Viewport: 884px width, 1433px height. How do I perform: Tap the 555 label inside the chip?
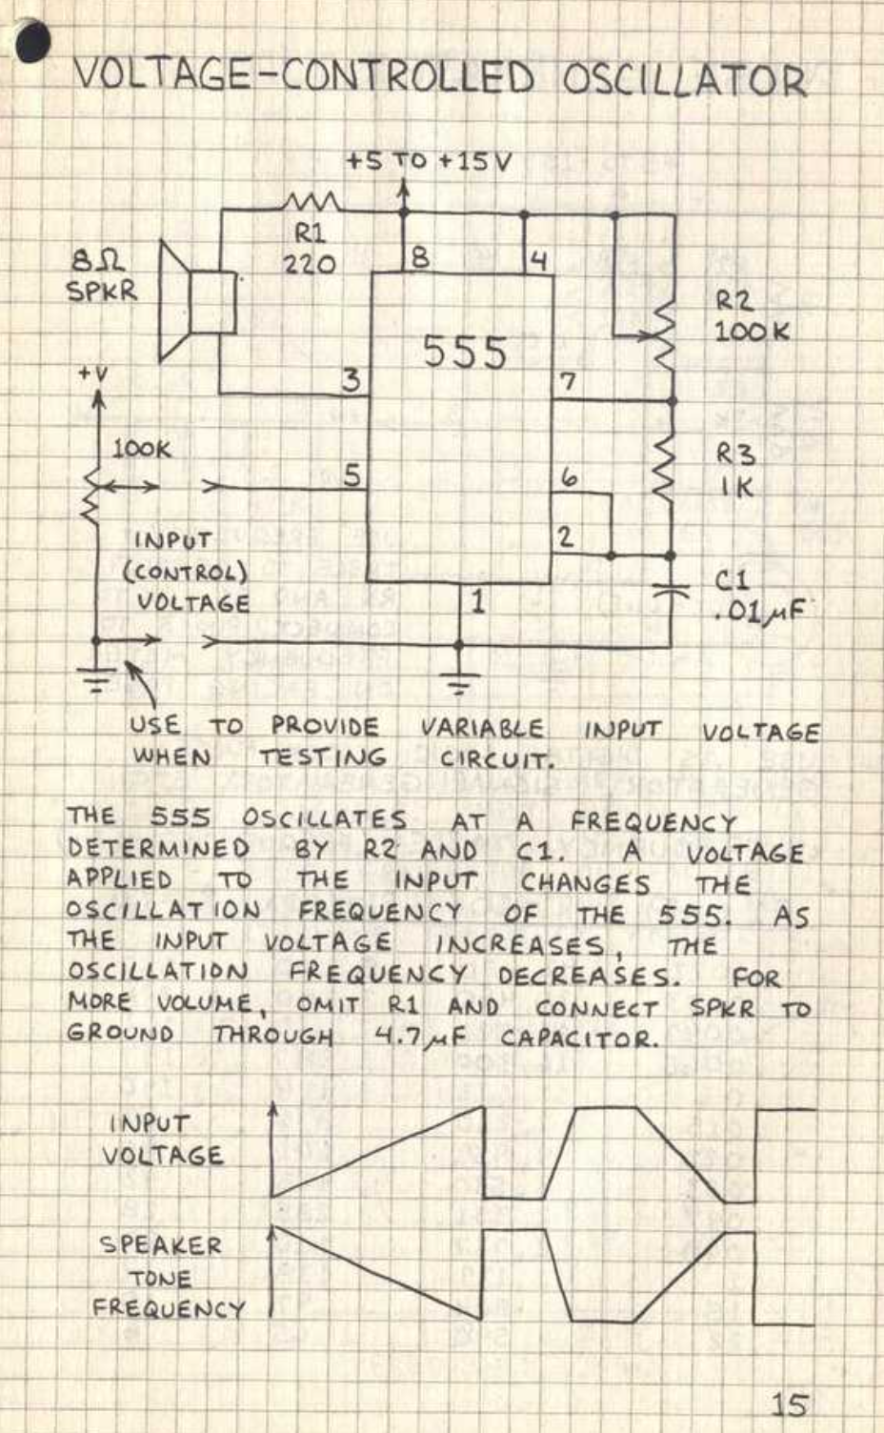[464, 352]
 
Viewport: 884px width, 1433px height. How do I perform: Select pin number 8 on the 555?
[419, 257]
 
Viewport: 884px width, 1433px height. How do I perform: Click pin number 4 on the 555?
[538, 260]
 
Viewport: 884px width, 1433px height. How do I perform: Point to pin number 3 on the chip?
[352, 380]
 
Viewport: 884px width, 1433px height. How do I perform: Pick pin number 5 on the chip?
[352, 474]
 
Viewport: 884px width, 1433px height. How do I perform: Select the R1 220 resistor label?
[309, 248]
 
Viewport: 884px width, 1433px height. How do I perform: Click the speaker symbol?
[197, 302]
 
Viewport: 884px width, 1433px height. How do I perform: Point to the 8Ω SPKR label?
[101, 275]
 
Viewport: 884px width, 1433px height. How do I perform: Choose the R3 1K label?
[735, 470]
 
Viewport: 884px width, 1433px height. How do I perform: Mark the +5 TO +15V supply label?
[428, 160]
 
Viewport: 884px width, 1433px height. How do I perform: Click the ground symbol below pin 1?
[459, 683]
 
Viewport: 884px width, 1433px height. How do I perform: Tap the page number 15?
[789, 1404]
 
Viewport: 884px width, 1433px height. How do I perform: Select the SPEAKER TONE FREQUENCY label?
[165, 1277]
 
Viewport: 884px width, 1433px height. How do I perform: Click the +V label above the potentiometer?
[93, 374]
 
